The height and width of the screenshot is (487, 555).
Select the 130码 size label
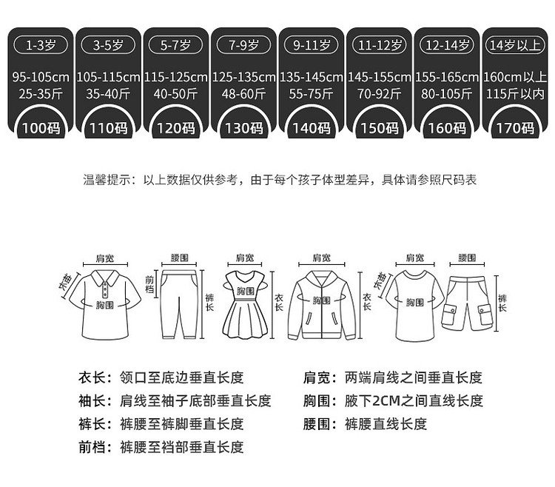(243, 128)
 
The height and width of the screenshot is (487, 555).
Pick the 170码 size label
(515, 128)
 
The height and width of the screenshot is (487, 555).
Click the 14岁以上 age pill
(515, 45)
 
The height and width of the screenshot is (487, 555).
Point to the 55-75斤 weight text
(312, 94)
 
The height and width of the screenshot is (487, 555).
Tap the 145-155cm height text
(379, 77)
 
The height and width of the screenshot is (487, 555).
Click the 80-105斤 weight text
(447, 94)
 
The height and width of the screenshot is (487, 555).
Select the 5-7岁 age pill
(175, 45)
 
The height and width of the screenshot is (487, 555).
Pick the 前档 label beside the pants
(149, 285)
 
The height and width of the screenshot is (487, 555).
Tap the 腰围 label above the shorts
(466, 258)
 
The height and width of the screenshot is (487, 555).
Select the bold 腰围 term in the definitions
(317, 424)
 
